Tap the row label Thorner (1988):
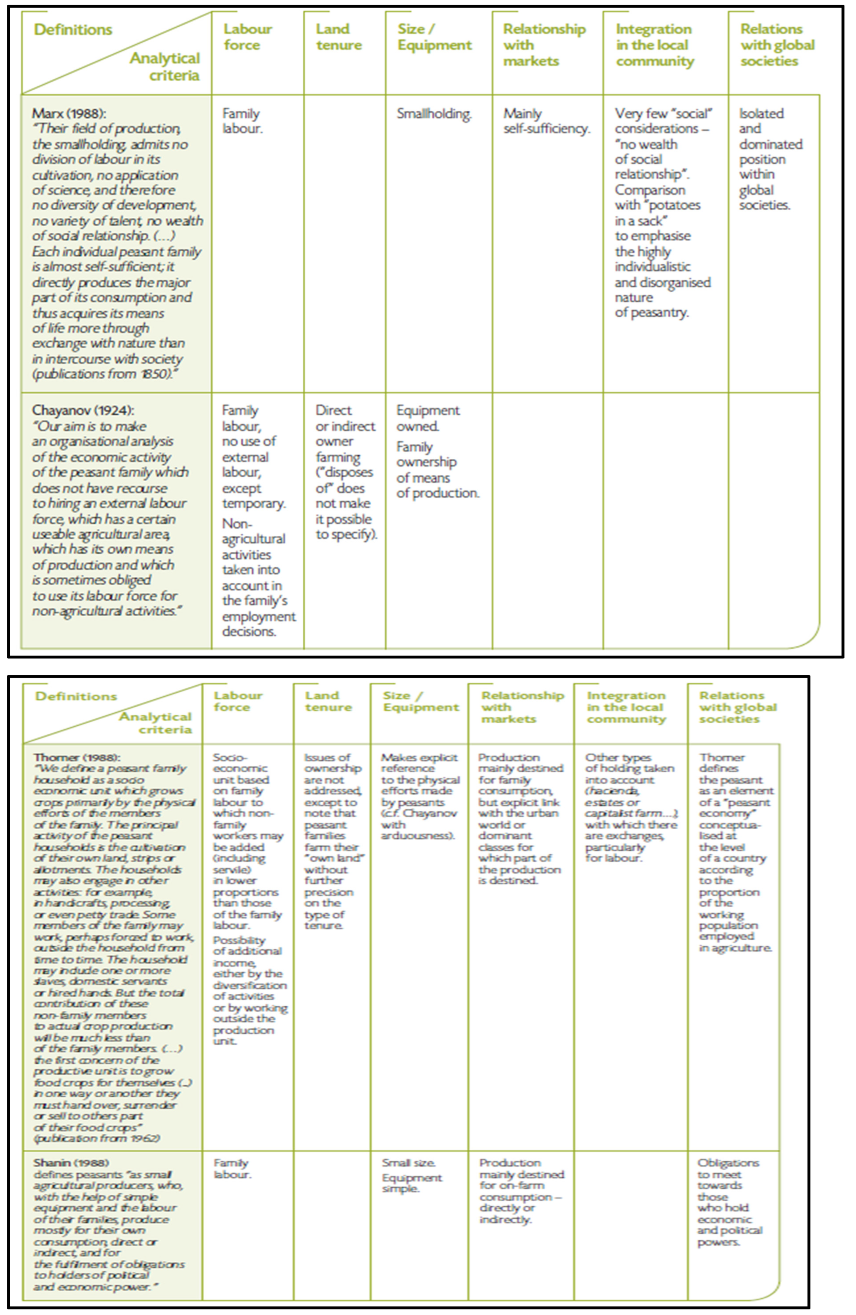pos(77,757)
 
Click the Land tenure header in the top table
pos(339,37)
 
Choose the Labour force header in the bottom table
pos(238,701)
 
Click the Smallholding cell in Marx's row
pos(434,114)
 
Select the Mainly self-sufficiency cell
pos(546,121)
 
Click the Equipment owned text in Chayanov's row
pos(427,418)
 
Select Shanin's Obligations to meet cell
pos(728,1202)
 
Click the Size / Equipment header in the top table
pos(434,37)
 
